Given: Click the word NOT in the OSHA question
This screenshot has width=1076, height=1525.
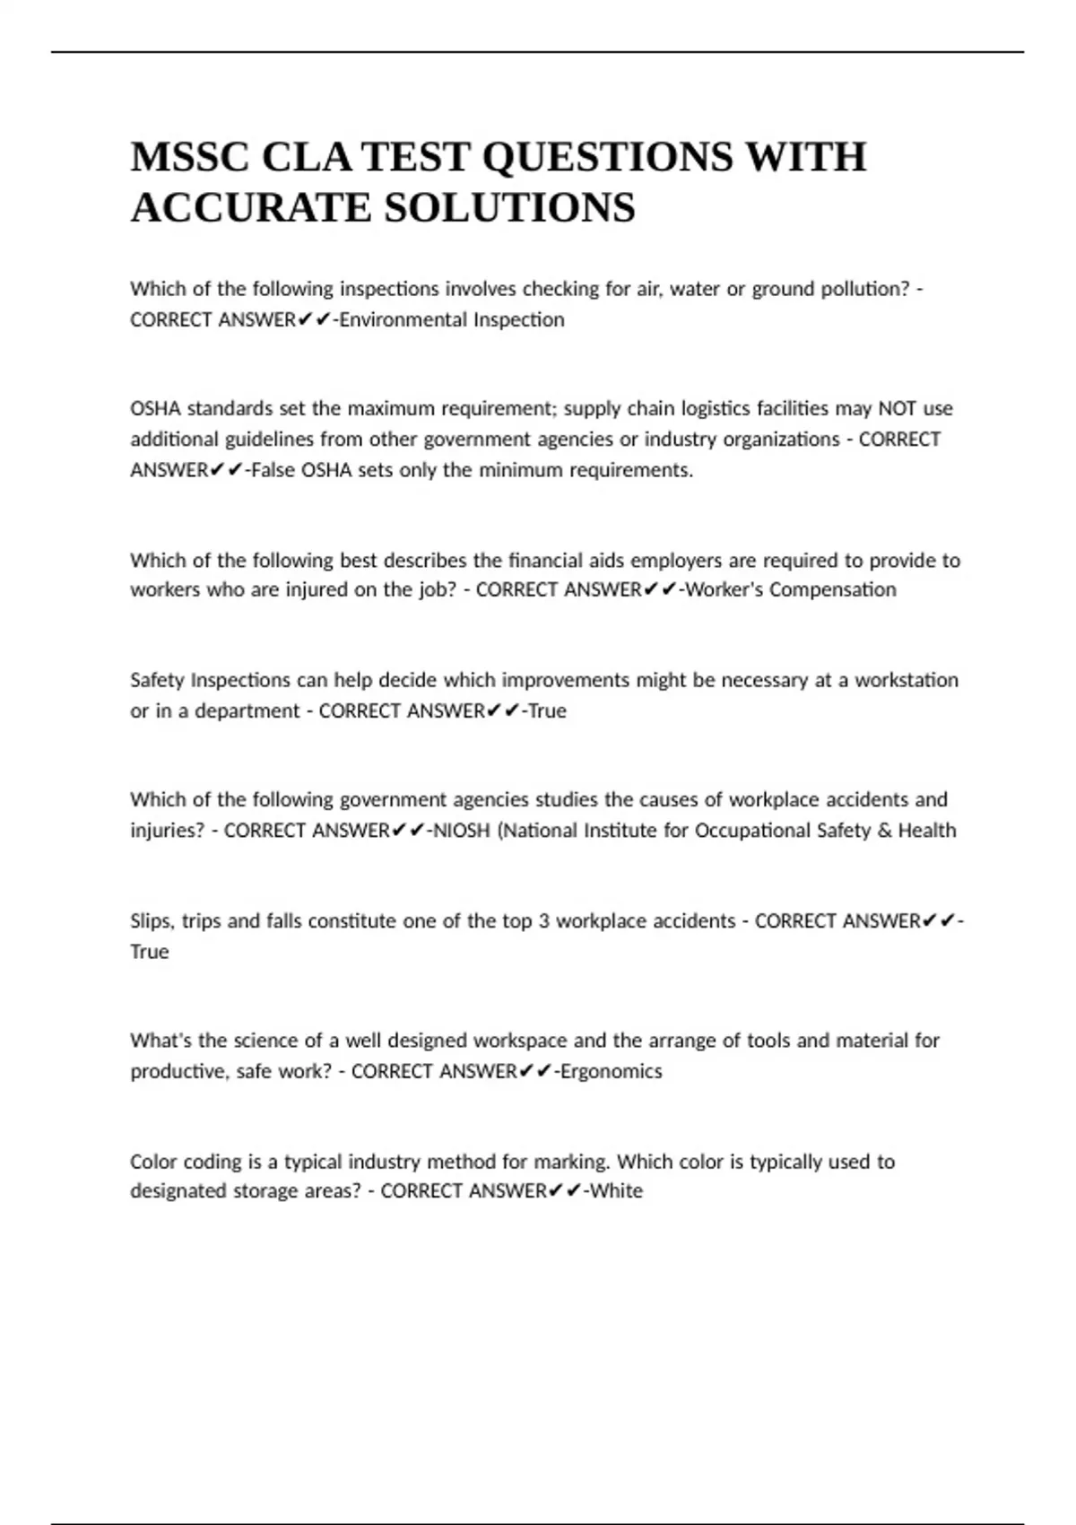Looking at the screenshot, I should (x=897, y=409).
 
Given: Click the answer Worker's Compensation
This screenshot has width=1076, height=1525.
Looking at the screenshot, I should (x=790, y=590).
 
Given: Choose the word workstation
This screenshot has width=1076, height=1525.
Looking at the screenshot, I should (x=907, y=680).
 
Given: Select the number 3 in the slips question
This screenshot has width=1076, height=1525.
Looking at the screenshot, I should (x=543, y=921).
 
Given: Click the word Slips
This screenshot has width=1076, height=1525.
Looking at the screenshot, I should (x=152, y=921).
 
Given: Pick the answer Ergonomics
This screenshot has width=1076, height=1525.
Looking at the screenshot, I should (x=611, y=1071).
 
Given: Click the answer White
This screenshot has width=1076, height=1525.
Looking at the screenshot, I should (x=616, y=1191).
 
